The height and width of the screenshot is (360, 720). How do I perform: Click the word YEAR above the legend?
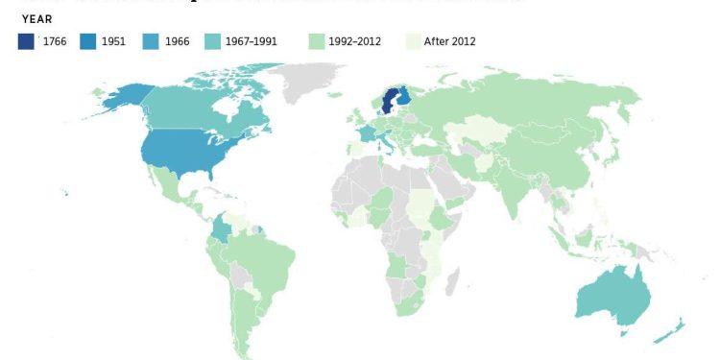point(37,18)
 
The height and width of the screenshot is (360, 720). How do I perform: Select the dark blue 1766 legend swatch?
point(26,41)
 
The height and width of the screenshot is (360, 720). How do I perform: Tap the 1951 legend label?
point(114,41)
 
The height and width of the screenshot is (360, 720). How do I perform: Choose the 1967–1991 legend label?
point(252,41)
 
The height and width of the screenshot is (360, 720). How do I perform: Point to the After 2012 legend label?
point(449,41)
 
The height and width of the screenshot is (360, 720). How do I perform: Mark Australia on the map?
point(614,293)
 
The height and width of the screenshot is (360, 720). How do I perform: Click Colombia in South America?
point(223,230)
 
